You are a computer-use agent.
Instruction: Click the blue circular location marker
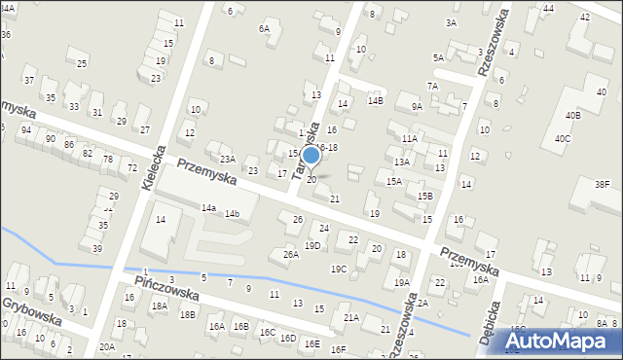click(x=311, y=156)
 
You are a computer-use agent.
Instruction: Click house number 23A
click(x=227, y=159)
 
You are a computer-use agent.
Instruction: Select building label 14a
click(x=208, y=207)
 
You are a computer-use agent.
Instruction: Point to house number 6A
click(x=263, y=29)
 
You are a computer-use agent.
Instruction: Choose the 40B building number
click(x=573, y=116)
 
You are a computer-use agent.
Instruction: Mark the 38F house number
click(x=603, y=184)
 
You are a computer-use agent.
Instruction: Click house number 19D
click(x=312, y=245)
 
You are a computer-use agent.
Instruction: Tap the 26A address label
click(x=290, y=254)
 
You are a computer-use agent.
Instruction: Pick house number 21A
click(x=350, y=317)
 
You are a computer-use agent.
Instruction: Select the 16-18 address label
click(x=327, y=147)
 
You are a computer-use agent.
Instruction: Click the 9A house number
click(x=417, y=107)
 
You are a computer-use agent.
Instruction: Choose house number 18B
click(x=187, y=314)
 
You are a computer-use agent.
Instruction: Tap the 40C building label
click(x=563, y=139)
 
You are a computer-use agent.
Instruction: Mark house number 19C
click(x=339, y=269)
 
